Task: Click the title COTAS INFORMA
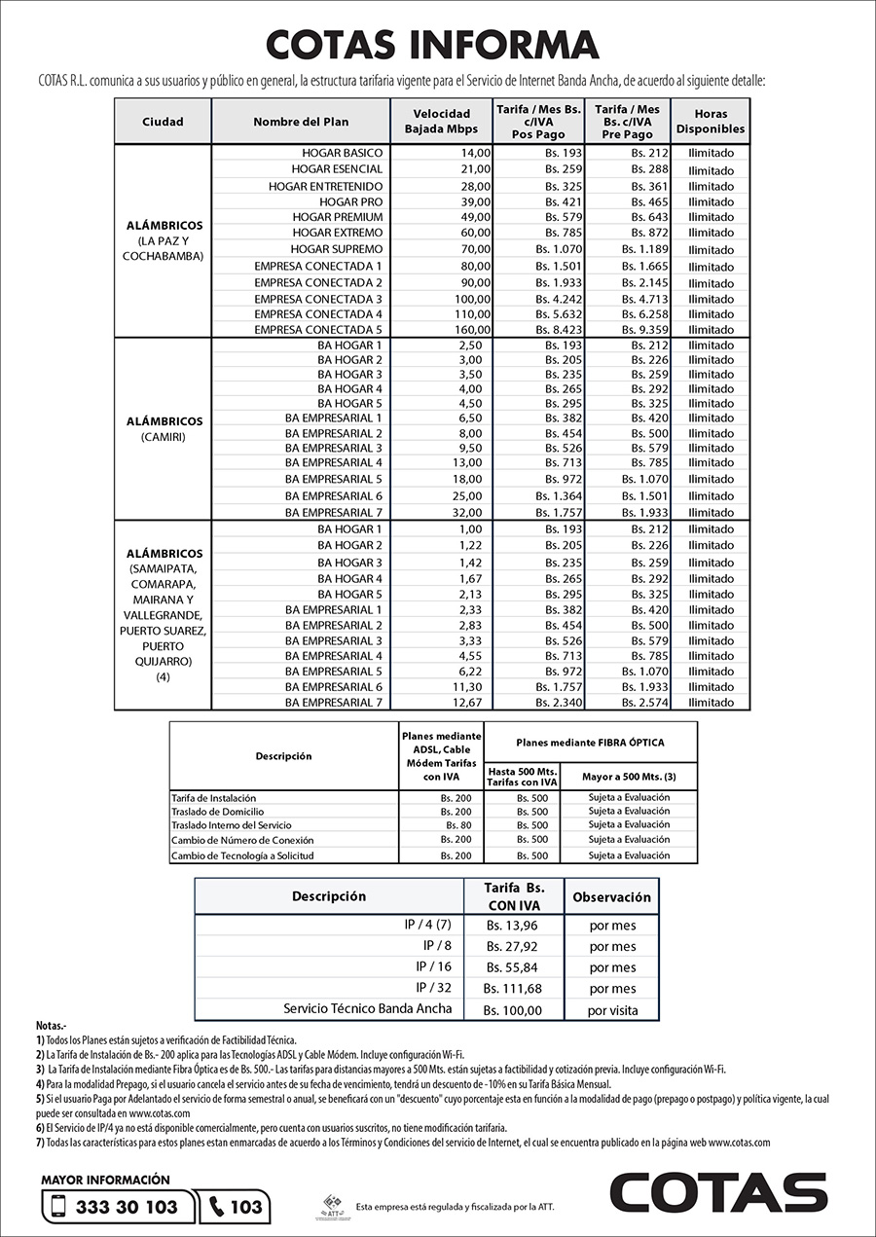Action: pos(433,45)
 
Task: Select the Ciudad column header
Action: pos(163,122)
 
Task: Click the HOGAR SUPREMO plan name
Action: pos(337,249)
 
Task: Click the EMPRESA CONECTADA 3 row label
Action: pos(318,299)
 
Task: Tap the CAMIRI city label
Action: pos(163,437)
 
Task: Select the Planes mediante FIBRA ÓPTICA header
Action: pos(590,742)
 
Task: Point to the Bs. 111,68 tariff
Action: pos(513,989)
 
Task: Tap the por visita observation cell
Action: pos(612,1010)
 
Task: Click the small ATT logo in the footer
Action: pos(332,1205)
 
